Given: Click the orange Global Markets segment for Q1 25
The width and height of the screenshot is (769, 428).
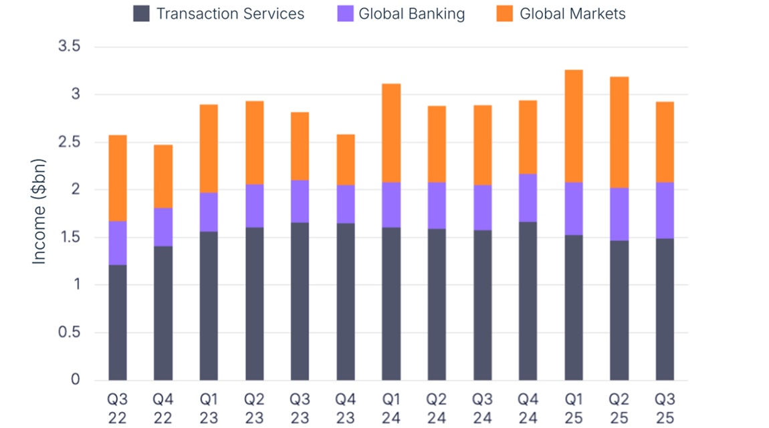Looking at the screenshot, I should tap(573, 126).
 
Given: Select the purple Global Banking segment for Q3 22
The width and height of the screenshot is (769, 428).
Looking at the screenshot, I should tap(118, 243).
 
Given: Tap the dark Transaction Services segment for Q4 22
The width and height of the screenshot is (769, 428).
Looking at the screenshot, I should tap(163, 313).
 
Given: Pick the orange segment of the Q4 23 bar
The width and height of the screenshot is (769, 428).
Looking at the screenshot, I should tap(346, 160).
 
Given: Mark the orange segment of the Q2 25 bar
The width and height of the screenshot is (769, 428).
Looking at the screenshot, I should tap(619, 132).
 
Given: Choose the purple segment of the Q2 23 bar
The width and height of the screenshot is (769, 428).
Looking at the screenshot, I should tap(254, 206).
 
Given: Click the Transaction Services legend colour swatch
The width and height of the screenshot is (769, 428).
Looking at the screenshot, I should tap(141, 13).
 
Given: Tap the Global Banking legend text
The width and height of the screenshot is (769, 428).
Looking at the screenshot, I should tap(411, 13).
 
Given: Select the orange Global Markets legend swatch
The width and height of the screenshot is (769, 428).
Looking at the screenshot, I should tap(505, 13).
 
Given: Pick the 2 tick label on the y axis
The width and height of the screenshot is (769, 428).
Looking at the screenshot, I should tap(76, 190).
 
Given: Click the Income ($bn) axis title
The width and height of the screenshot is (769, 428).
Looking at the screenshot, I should tap(39, 213).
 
